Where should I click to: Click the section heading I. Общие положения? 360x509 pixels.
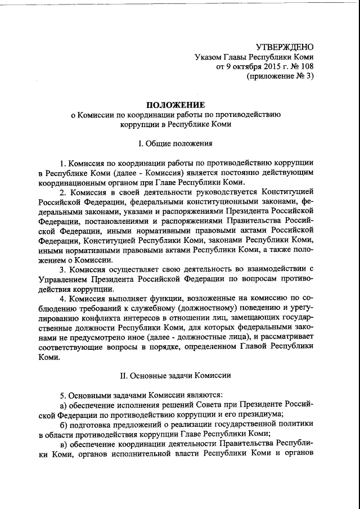[176, 143]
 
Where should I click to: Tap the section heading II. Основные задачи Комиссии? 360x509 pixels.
[176, 374]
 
